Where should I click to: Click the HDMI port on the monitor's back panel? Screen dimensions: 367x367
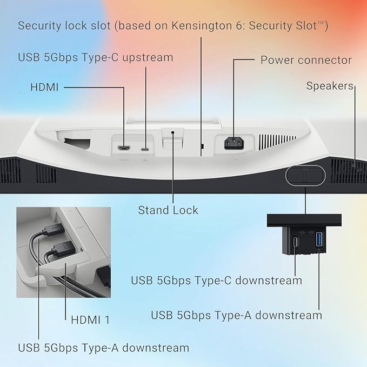124,148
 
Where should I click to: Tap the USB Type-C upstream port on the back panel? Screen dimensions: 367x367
145,149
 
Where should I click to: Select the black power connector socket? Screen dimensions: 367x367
234,143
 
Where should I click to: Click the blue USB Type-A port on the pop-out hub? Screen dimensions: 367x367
319,239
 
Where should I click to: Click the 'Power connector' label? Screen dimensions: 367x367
306,60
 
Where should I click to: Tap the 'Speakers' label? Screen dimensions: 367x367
330,86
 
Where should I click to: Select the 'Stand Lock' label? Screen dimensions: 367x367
168,210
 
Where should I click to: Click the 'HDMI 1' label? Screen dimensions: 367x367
90,320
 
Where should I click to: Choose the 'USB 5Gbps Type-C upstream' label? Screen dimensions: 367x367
96,58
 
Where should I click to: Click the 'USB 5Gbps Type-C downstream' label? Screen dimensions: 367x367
217,281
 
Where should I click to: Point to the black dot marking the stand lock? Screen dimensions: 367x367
173,132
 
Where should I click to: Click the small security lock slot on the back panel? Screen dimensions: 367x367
203,146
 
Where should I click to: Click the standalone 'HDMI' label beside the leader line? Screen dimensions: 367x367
44,88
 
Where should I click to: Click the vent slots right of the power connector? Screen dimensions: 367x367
277,142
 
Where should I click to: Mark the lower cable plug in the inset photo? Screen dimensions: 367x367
63,251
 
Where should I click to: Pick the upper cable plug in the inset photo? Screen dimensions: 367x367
54,229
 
